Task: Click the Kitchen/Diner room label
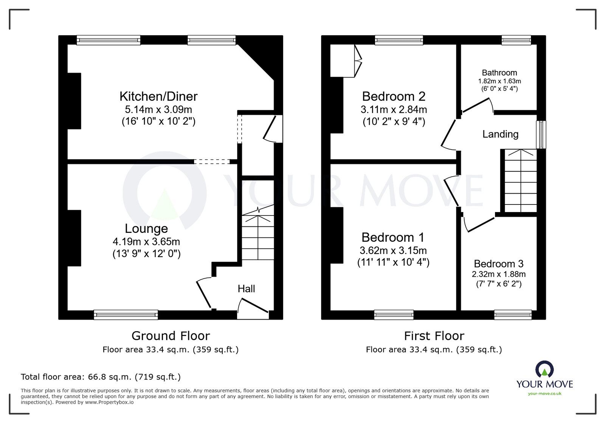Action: (x=158, y=96)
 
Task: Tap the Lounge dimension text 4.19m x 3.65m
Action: (x=146, y=242)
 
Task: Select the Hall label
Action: (x=246, y=289)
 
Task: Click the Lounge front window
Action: (x=126, y=314)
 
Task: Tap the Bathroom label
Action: (x=499, y=73)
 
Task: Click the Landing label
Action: (x=500, y=134)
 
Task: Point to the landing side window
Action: (x=542, y=135)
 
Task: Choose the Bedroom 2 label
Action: (x=394, y=96)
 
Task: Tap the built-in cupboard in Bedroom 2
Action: (x=343, y=61)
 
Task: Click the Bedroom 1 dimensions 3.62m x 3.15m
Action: (x=393, y=250)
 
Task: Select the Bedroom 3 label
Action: (x=498, y=264)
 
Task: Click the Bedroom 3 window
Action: (x=513, y=314)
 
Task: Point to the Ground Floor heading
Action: (x=171, y=336)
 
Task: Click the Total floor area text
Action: (x=101, y=377)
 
